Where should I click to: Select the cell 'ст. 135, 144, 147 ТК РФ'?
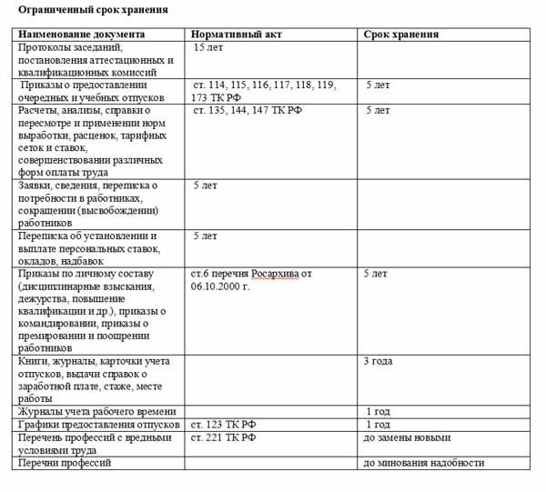tap(248, 110)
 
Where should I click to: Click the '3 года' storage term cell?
tap(378, 361)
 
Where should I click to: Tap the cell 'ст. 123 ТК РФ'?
tap(224, 425)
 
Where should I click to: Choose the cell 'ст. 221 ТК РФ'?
tap(224, 437)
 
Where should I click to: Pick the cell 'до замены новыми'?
tap(406, 437)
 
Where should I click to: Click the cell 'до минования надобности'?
tap(423, 463)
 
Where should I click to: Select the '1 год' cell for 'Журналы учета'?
tap(378, 412)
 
